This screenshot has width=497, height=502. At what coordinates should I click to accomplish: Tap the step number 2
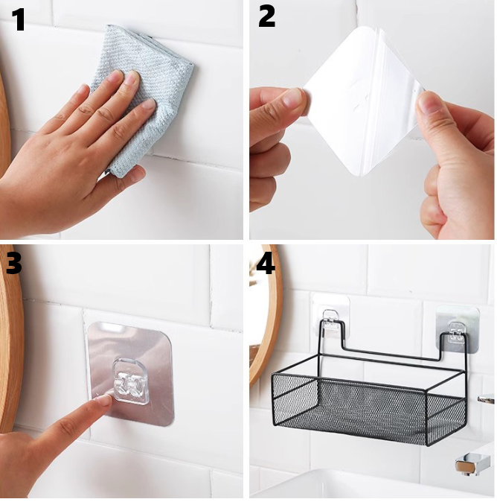click(x=266, y=16)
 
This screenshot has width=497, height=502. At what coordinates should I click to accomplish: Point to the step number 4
click(x=266, y=263)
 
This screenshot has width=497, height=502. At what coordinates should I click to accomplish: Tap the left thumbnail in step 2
click(x=292, y=98)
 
